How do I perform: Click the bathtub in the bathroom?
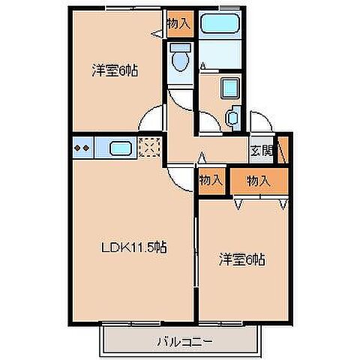[220, 23]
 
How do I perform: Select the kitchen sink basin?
[121, 148]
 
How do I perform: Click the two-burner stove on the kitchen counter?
[82, 148]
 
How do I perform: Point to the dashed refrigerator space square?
[149, 148]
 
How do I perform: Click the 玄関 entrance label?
[262, 151]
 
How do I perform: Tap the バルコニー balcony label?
[185, 341]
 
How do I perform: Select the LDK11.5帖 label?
[133, 247]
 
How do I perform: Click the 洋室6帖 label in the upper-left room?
[115, 70]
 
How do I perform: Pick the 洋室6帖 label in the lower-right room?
[241, 259]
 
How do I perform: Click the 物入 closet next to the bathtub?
[180, 24]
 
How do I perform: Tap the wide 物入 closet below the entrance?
[259, 181]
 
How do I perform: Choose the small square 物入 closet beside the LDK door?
[211, 181]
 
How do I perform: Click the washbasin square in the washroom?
[230, 88]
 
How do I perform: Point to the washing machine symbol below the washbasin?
[233, 118]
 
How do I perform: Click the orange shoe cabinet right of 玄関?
[283, 150]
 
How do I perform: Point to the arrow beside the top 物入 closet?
[157, 34]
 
